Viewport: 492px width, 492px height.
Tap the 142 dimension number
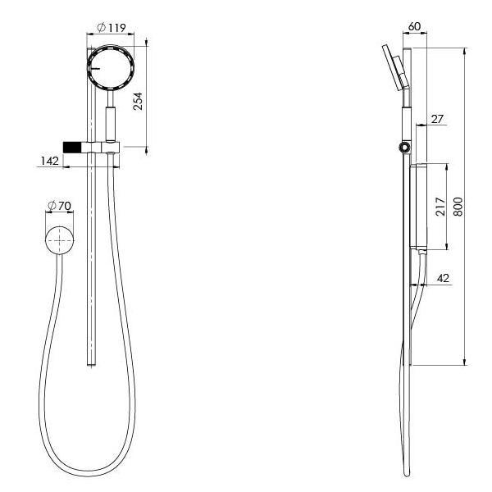49,162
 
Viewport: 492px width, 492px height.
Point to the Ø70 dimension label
59,204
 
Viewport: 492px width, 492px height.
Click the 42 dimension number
443,279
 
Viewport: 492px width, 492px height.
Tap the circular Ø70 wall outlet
58,241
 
